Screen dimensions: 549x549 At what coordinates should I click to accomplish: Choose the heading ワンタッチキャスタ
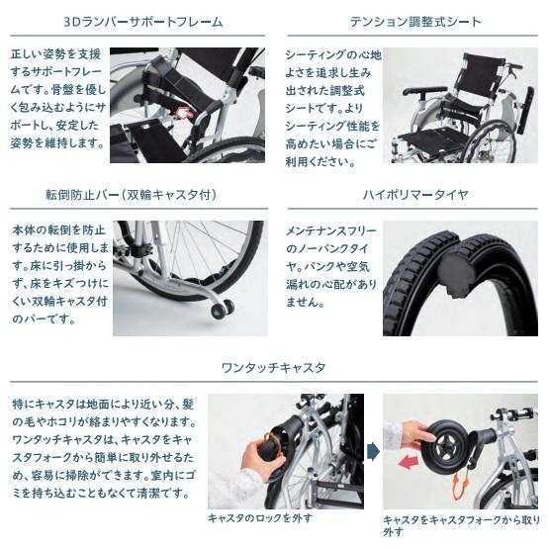(274, 368)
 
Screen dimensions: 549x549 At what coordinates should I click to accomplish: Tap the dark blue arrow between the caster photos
(371, 451)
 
